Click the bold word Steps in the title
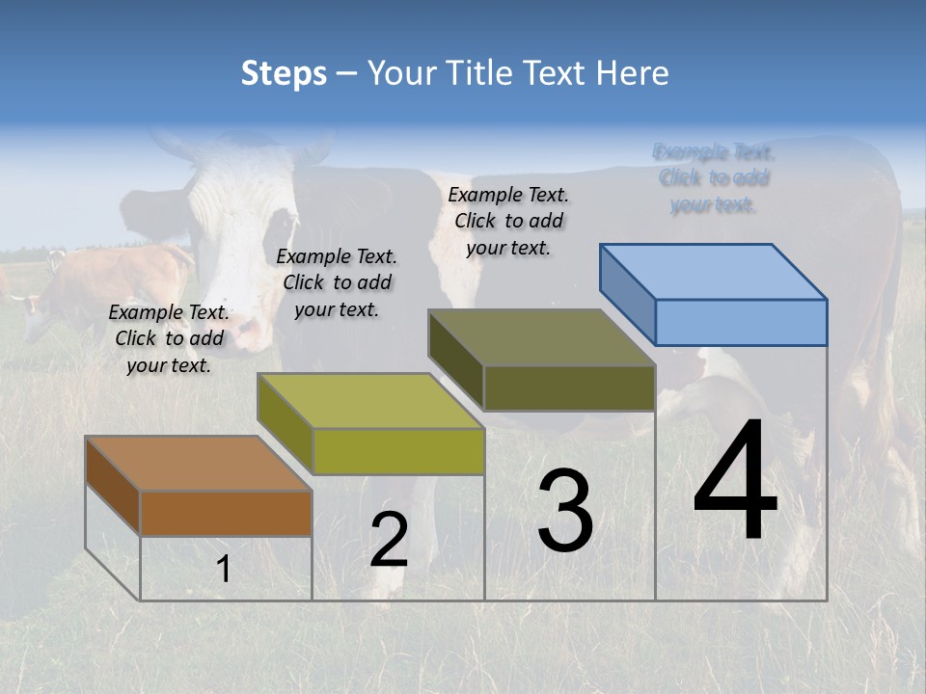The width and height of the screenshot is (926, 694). coord(284,73)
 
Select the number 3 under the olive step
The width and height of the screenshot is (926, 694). coord(564,511)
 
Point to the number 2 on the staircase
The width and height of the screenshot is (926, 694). coord(389,540)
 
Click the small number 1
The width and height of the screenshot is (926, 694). coord(223,569)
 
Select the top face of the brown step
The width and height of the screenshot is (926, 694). coord(198,464)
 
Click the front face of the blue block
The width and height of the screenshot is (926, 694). coord(741,322)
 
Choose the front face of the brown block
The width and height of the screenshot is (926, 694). coord(226,513)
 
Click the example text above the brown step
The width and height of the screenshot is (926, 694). coord(169,338)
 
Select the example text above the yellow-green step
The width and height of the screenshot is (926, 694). coord(337,282)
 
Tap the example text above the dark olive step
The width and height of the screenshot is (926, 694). coord(508,221)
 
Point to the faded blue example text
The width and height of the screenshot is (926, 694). coord(714,178)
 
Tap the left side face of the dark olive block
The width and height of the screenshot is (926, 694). coord(456,360)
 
